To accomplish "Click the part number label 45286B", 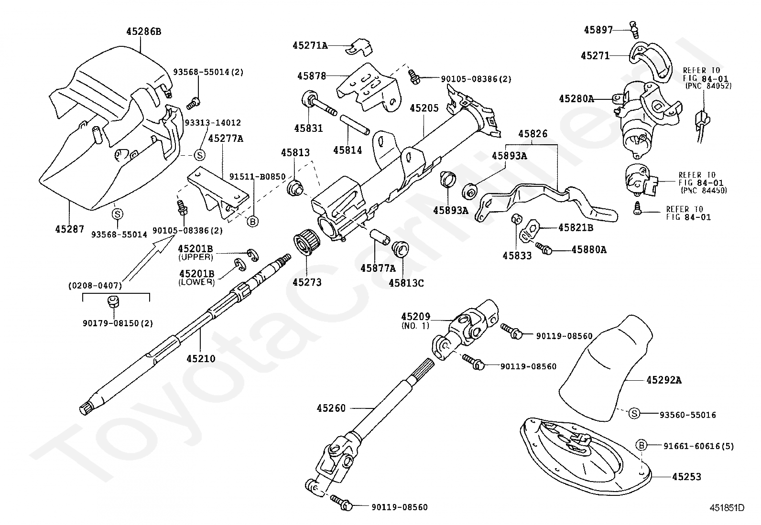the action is click(x=144, y=32).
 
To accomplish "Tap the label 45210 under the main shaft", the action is click(x=201, y=358).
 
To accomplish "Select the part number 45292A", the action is click(x=664, y=380).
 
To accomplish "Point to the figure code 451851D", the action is click(x=727, y=508).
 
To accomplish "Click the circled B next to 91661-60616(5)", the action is click(x=641, y=445).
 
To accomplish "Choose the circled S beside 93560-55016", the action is click(x=634, y=413).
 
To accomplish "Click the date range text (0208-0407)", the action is click(x=95, y=286).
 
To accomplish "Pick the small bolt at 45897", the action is click(x=633, y=30).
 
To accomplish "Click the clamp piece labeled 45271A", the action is click(x=359, y=48).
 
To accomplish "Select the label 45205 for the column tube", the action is click(x=424, y=108).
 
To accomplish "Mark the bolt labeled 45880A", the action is click(x=544, y=248).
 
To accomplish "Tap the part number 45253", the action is click(x=686, y=477).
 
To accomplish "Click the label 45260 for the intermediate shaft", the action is click(x=331, y=408).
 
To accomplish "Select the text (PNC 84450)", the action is click(x=704, y=191).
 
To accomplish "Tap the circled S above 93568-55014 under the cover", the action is click(x=117, y=214).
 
